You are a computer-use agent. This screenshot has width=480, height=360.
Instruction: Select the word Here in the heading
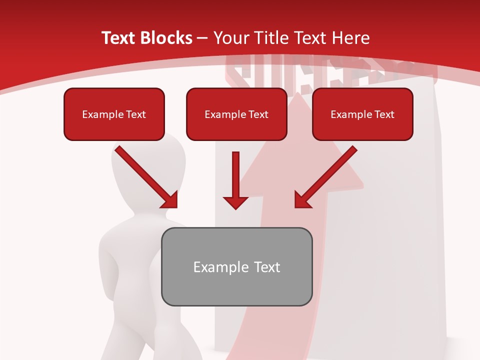350,38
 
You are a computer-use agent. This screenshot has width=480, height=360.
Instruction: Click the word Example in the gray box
213,267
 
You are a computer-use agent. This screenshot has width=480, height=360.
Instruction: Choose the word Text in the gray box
267,267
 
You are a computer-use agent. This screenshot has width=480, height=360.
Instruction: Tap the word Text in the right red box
384,114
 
